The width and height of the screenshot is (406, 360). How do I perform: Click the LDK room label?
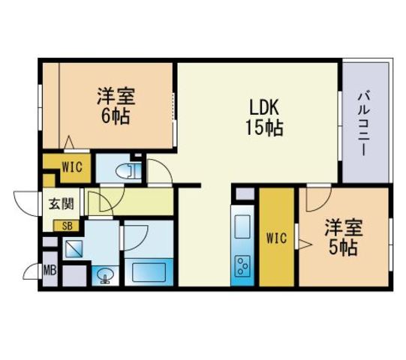pyautogui.click(x=264, y=107)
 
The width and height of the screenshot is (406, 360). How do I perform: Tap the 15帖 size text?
pyautogui.click(x=264, y=127)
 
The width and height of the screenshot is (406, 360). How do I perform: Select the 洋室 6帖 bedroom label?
pyautogui.click(x=116, y=106)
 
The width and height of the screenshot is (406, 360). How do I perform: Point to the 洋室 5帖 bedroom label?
pyautogui.click(x=344, y=237)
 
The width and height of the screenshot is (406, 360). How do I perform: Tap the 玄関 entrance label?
pyautogui.click(x=62, y=204)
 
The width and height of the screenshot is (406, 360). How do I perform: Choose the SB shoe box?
pyautogui.click(x=66, y=226)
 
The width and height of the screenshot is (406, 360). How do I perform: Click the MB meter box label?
pyautogui.click(x=50, y=271)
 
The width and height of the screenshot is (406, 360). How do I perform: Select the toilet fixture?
pyautogui.click(x=128, y=170)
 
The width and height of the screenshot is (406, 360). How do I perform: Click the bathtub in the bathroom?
pyautogui.click(x=149, y=272)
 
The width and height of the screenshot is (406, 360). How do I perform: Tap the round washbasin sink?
pyautogui.click(x=105, y=274)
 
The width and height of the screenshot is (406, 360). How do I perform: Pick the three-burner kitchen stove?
pyautogui.click(x=242, y=265)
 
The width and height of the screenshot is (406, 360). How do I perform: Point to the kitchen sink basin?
pyautogui.click(x=242, y=226)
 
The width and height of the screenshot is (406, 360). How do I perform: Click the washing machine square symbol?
pyautogui.click(x=74, y=249)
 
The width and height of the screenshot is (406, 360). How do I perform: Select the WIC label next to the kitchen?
pyautogui.click(x=276, y=238)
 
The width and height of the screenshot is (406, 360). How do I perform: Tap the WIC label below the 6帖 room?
pyautogui.click(x=72, y=167)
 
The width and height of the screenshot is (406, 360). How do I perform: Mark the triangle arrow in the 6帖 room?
pyautogui.click(x=69, y=142)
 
